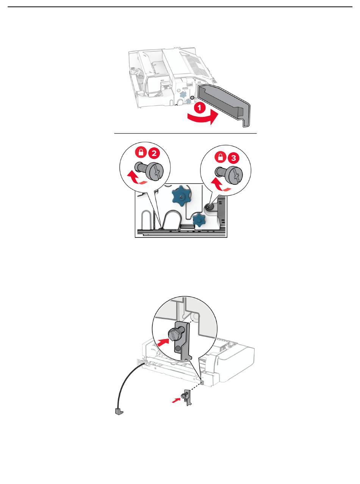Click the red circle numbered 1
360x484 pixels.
199,108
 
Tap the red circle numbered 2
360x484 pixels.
154,153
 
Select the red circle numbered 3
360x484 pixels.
233,157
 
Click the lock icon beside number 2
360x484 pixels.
141,152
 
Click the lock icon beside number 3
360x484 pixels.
221,157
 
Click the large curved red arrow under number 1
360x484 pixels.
203,118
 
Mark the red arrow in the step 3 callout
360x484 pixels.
221,185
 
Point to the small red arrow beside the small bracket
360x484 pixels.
176,400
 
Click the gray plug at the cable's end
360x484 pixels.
119,411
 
